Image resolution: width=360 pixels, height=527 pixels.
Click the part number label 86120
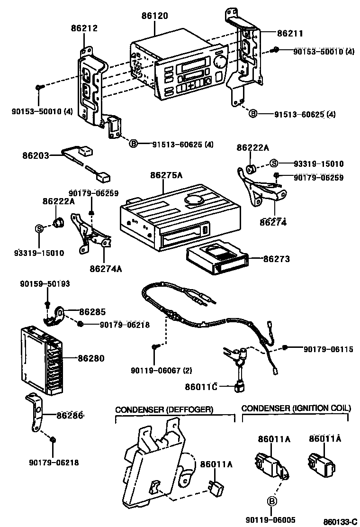(x=154, y=16)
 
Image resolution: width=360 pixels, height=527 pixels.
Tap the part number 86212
(x=84, y=28)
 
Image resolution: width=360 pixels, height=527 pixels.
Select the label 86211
(x=290, y=33)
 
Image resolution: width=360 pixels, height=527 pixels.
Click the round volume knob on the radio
(x=220, y=61)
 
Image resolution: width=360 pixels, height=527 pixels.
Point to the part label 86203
(x=36, y=155)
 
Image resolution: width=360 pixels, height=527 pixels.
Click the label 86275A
(x=166, y=175)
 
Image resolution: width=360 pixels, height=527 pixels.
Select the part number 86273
(x=277, y=259)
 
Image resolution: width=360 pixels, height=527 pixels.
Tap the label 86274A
(x=106, y=269)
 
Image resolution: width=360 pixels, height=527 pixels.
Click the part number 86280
(x=91, y=358)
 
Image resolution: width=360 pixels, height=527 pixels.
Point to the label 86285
(x=92, y=311)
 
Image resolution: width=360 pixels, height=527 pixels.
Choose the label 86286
(x=70, y=416)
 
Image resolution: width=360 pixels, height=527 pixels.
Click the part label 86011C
(x=201, y=387)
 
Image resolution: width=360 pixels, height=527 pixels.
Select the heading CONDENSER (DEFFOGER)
(x=164, y=409)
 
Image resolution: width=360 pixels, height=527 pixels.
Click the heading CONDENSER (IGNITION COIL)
(x=296, y=408)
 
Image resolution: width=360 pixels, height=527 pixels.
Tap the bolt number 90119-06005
(x=270, y=520)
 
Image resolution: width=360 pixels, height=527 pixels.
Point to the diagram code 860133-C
(x=340, y=522)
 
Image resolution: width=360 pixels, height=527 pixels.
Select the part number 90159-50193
(x=45, y=284)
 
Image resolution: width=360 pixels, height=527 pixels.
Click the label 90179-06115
(x=328, y=349)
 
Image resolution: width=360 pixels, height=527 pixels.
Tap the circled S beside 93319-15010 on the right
(x=274, y=164)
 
